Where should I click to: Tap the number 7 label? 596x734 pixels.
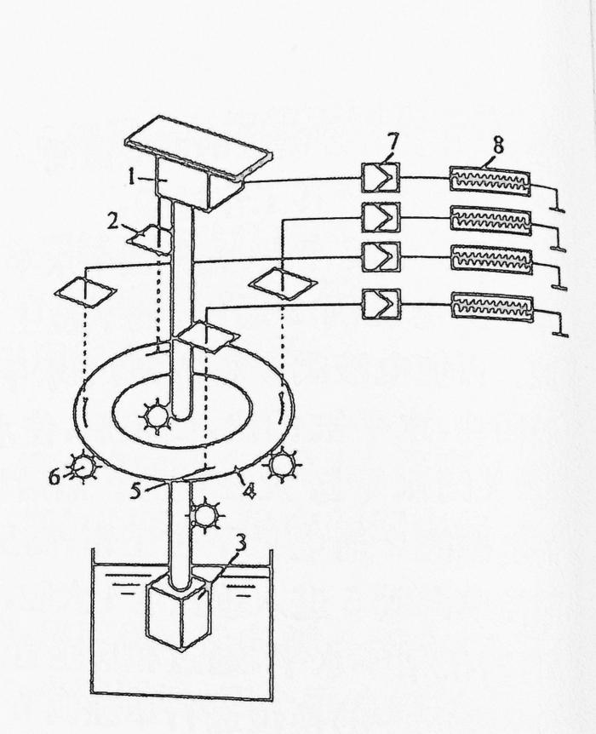click(390, 142)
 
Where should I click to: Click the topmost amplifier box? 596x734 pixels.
click(375, 177)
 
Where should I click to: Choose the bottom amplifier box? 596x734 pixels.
click(375, 303)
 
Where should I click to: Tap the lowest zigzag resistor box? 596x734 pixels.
click(491, 307)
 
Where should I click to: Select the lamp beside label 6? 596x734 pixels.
click(83, 467)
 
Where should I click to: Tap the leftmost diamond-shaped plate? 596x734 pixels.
click(84, 291)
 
